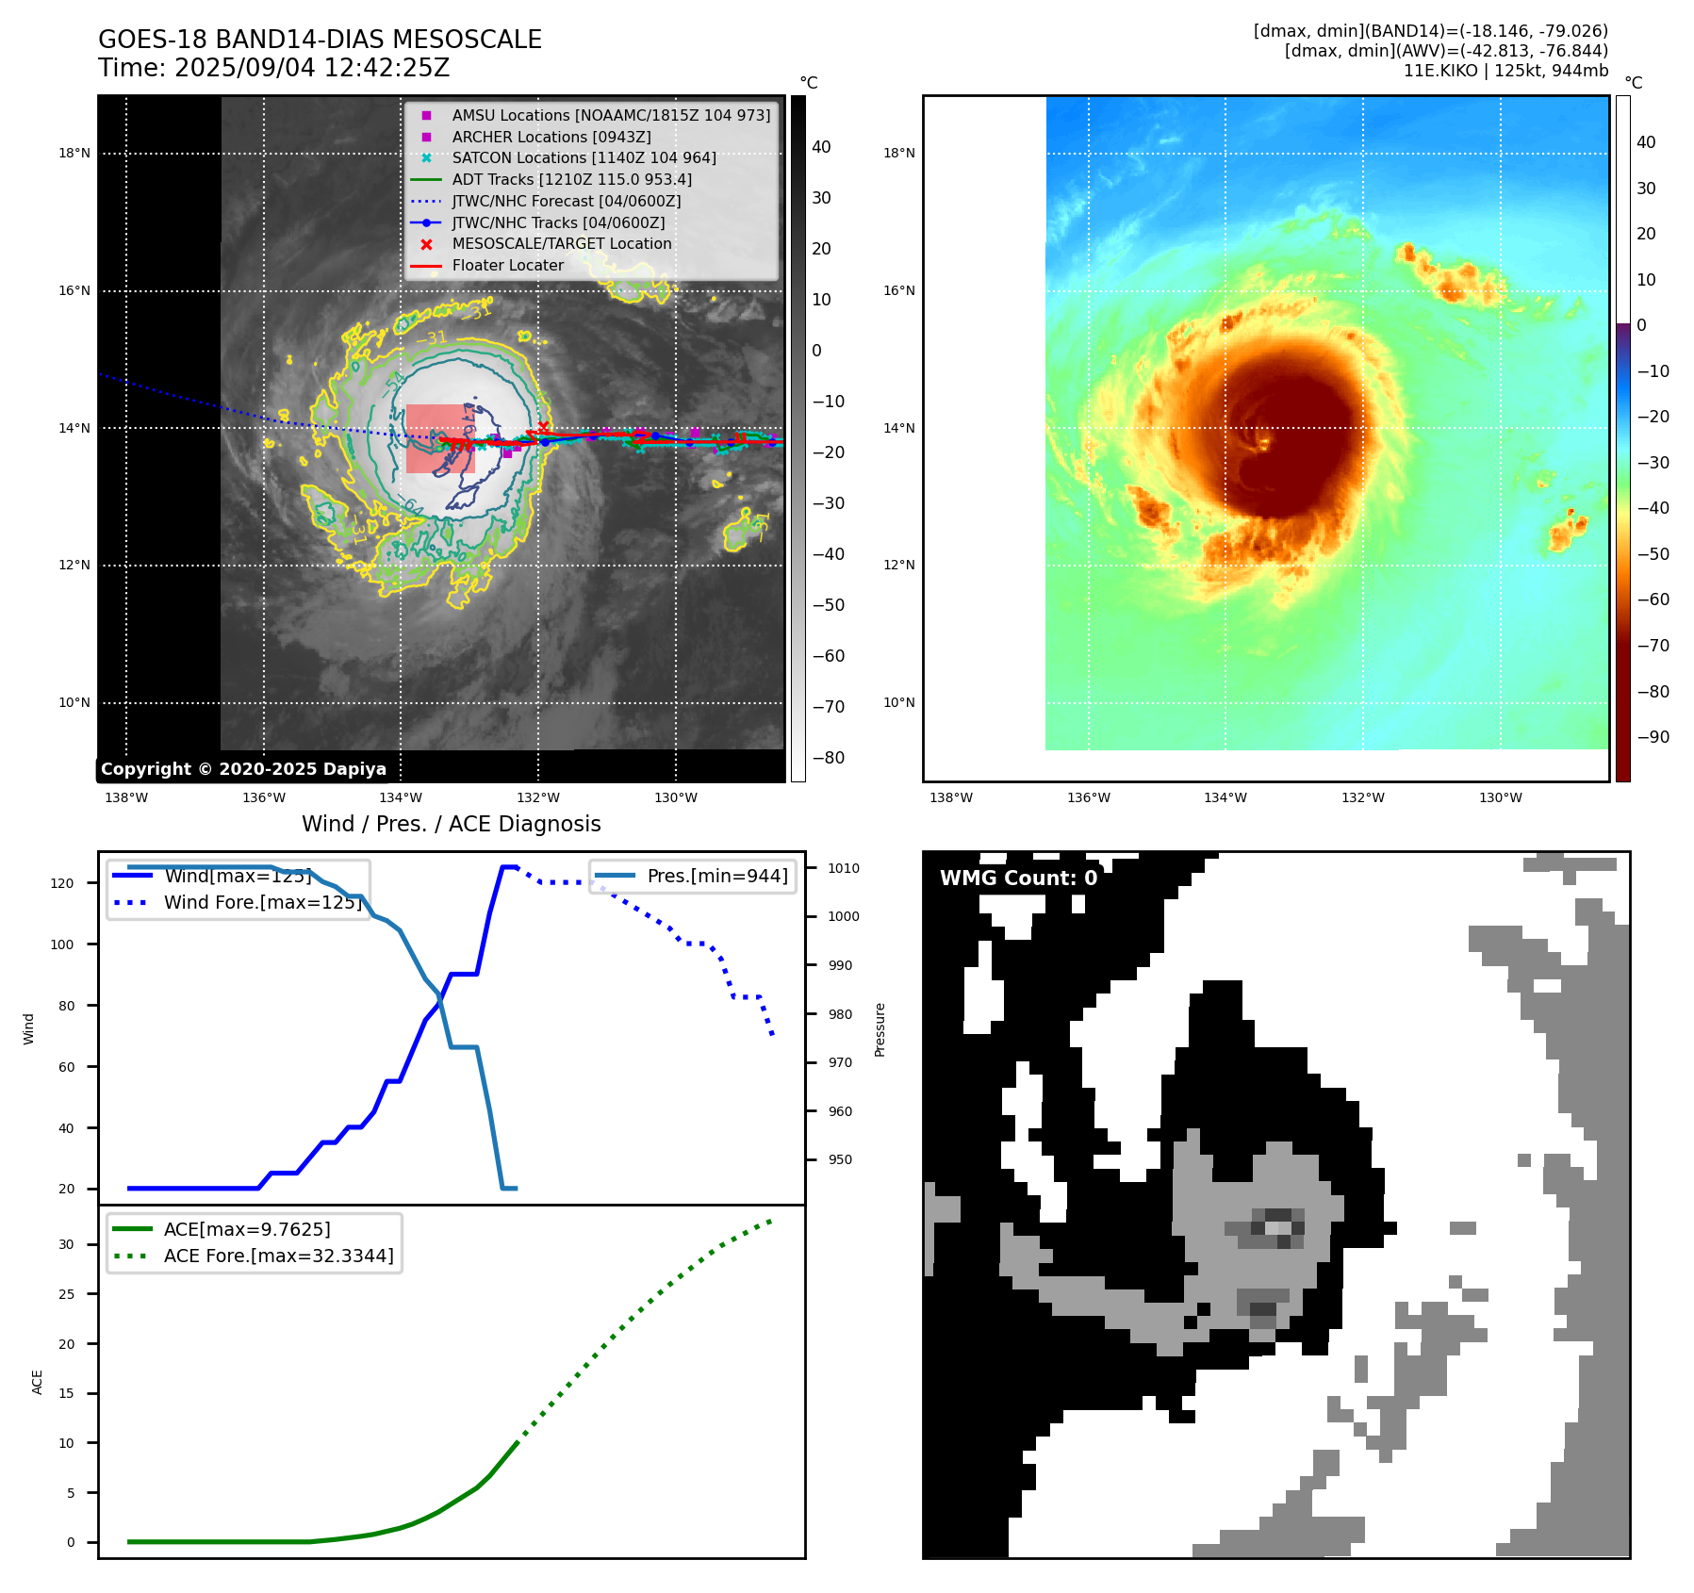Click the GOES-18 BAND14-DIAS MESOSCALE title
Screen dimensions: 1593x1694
[320, 40]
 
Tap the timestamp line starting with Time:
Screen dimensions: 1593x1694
[273, 68]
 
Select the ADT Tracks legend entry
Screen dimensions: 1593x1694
[571, 179]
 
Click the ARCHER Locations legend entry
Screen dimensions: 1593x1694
[551, 137]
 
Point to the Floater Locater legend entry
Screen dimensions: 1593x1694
[507, 265]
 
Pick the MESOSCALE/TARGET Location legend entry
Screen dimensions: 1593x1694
[561, 243]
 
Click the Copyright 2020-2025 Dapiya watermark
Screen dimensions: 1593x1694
[243, 769]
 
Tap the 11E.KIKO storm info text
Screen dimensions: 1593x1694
[1505, 71]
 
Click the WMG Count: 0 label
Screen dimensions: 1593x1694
[1018, 878]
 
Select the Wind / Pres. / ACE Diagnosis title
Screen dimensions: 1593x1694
[451, 824]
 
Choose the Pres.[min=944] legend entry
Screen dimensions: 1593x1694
[716, 876]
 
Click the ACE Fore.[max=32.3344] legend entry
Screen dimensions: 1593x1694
[278, 1256]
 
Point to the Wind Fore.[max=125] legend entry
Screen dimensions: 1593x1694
[262, 902]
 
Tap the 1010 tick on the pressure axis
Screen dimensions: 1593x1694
[844, 868]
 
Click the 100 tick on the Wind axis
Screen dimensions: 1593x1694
[62, 944]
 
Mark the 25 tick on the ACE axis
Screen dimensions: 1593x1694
[66, 1294]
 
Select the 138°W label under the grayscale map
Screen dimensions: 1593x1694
[126, 798]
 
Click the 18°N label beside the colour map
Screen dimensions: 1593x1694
[898, 153]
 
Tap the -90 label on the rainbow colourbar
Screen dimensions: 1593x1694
[1653, 737]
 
